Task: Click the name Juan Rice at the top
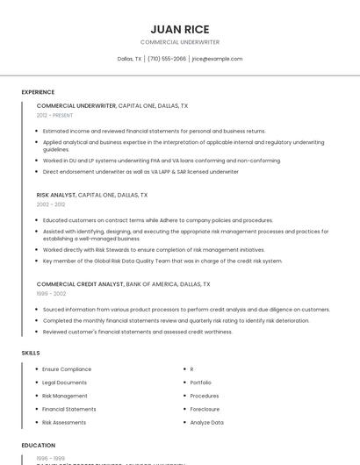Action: pos(180,29)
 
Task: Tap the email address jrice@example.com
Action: pos(217,59)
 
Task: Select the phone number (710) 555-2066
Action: pos(167,59)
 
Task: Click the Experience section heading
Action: pos(38,92)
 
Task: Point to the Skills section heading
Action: pos(31,353)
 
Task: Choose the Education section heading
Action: pos(39,445)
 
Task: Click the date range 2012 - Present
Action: pos(54,116)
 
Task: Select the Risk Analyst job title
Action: pos(56,195)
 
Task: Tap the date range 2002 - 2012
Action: pos(51,204)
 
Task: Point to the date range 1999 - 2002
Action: pos(51,294)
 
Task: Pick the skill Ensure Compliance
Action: pos(67,369)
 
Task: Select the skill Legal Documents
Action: pos(64,383)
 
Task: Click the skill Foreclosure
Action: pos(205,409)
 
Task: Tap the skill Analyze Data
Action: pos(206,422)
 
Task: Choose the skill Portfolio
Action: pos(200,383)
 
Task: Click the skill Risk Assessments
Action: pos(64,422)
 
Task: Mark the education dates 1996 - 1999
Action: pos(51,458)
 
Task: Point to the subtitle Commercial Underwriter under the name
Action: pos(180,42)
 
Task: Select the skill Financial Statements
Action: pos(69,409)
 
